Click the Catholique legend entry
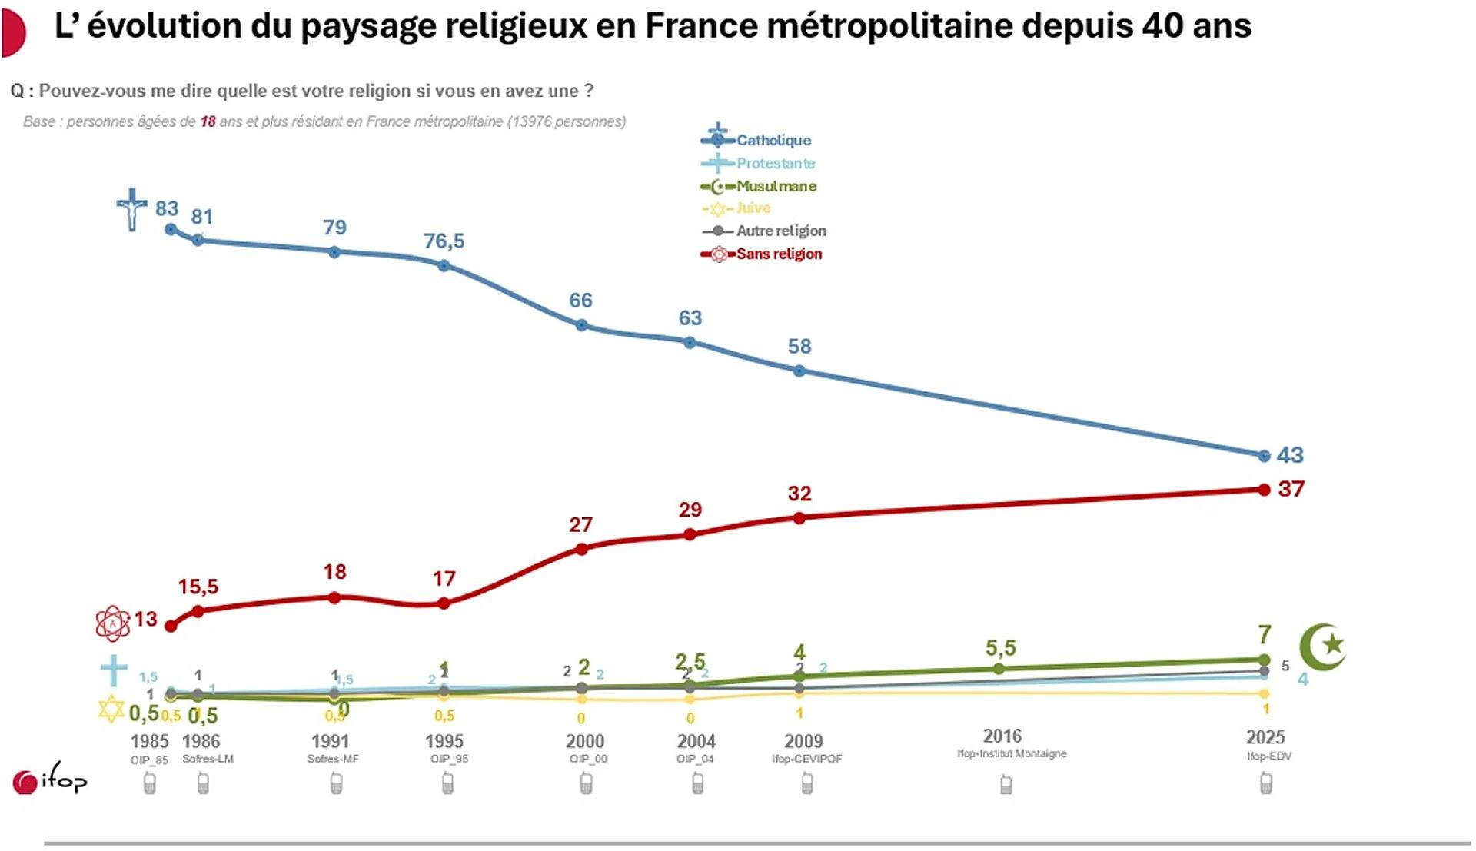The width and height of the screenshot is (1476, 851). coord(773,140)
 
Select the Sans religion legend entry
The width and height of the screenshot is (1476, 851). coord(778,254)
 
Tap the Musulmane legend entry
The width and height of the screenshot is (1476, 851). coord(776,186)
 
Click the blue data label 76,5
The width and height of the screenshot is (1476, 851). coord(444,241)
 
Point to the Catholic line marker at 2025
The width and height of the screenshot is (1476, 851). coord(1264,456)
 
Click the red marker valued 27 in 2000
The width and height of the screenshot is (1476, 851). coord(582,549)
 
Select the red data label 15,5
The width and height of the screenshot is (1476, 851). coord(198,587)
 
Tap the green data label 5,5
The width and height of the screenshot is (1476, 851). coord(1000,648)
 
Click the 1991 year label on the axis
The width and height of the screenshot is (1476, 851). coord(330,741)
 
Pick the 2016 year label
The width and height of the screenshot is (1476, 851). coord(1002,736)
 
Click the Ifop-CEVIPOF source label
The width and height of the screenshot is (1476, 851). coord(806,759)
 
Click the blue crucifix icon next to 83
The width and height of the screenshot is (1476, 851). coord(132,209)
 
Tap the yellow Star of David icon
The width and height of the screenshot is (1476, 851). coord(111,709)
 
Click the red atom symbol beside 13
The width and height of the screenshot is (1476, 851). coord(113,623)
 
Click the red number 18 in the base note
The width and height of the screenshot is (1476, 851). coord(208,121)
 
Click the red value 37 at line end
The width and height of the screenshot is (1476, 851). coord(1291,489)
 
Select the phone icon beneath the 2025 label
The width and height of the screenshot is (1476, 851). coord(1266,783)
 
